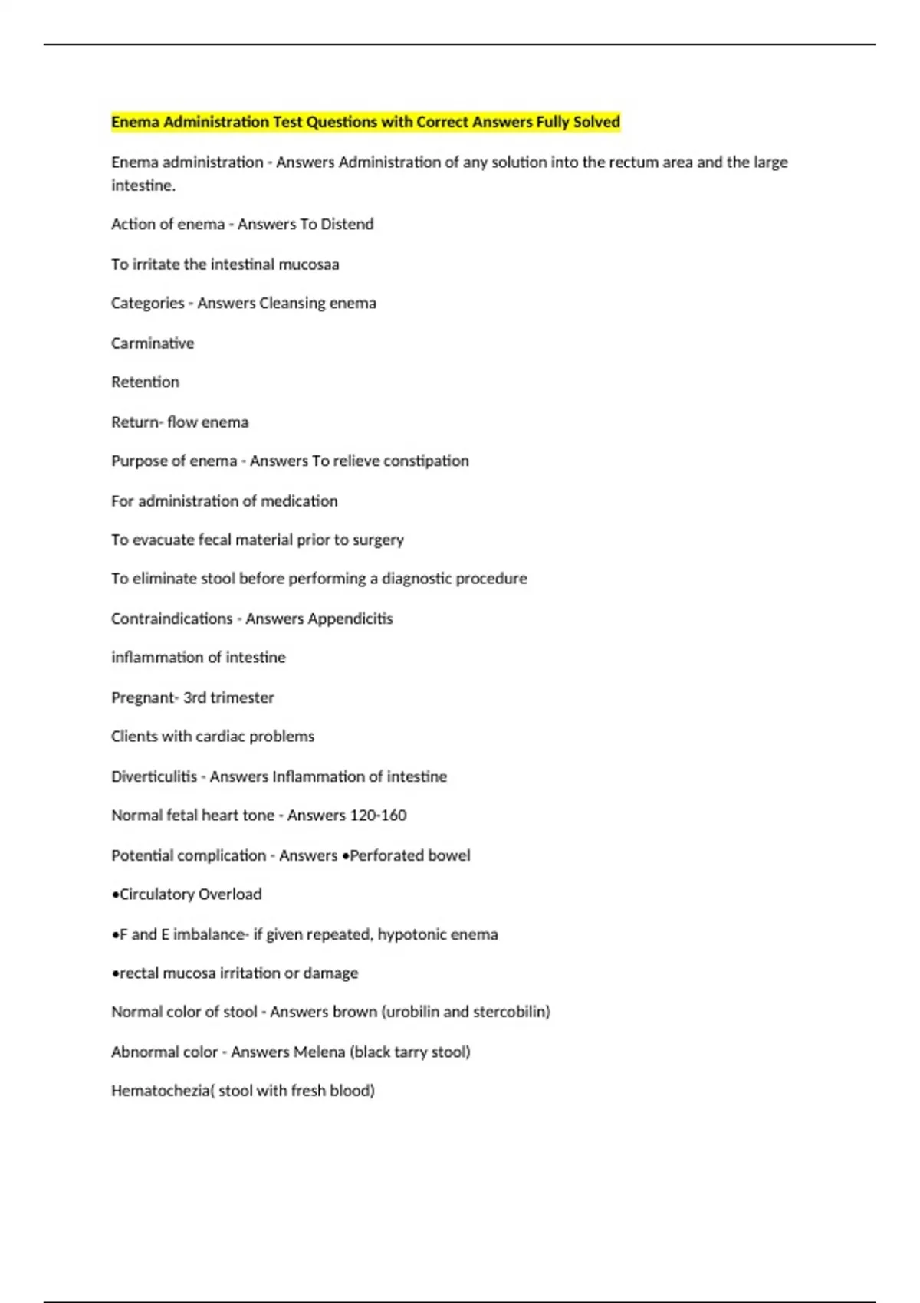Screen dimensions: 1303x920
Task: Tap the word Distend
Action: (x=347, y=224)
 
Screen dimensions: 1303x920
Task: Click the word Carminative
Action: (x=153, y=343)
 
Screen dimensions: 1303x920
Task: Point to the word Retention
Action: (x=145, y=382)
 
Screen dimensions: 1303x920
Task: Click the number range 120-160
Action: (x=377, y=815)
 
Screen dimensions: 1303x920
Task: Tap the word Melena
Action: (x=320, y=1052)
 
